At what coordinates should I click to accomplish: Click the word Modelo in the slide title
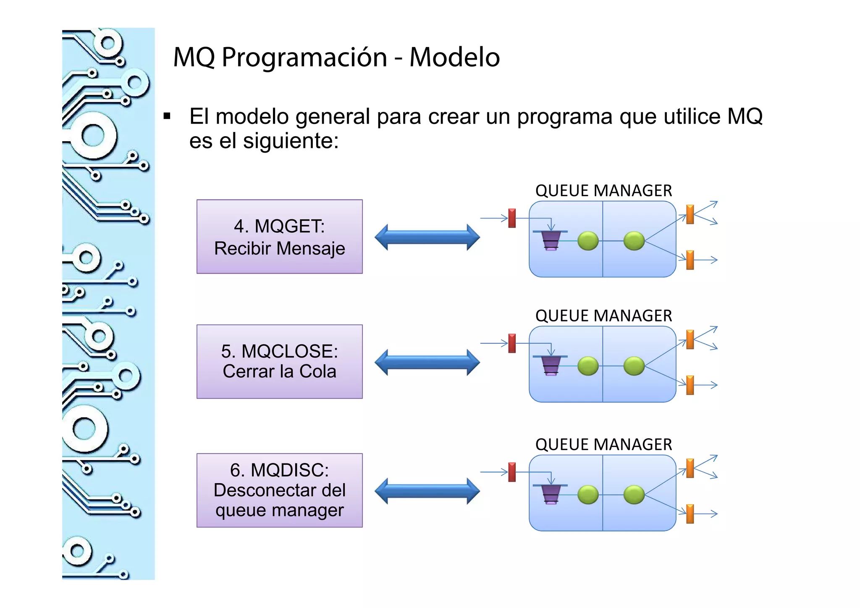click(454, 57)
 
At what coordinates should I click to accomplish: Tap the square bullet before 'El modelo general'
click(167, 116)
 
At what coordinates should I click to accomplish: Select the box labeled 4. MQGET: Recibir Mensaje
click(279, 237)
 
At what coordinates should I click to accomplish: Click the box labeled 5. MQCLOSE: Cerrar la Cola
click(279, 362)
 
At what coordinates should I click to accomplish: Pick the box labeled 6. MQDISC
click(279, 490)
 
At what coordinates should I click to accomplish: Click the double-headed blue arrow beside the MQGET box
click(427, 237)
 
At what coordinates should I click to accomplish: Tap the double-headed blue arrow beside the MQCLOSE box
click(427, 363)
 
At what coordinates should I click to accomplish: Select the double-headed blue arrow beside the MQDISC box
click(427, 491)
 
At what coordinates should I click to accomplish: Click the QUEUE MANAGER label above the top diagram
click(603, 191)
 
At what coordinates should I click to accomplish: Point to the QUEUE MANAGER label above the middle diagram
click(603, 316)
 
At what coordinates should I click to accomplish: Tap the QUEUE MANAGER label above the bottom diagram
click(603, 445)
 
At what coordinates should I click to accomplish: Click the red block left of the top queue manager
click(512, 218)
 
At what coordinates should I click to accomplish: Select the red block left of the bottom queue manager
click(512, 472)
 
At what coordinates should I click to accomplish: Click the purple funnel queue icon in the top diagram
click(551, 240)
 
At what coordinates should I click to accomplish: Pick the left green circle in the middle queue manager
click(588, 366)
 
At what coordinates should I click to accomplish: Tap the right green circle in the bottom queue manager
click(634, 495)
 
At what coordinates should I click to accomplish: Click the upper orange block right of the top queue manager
click(690, 214)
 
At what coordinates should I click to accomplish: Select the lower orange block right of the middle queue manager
click(690, 385)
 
